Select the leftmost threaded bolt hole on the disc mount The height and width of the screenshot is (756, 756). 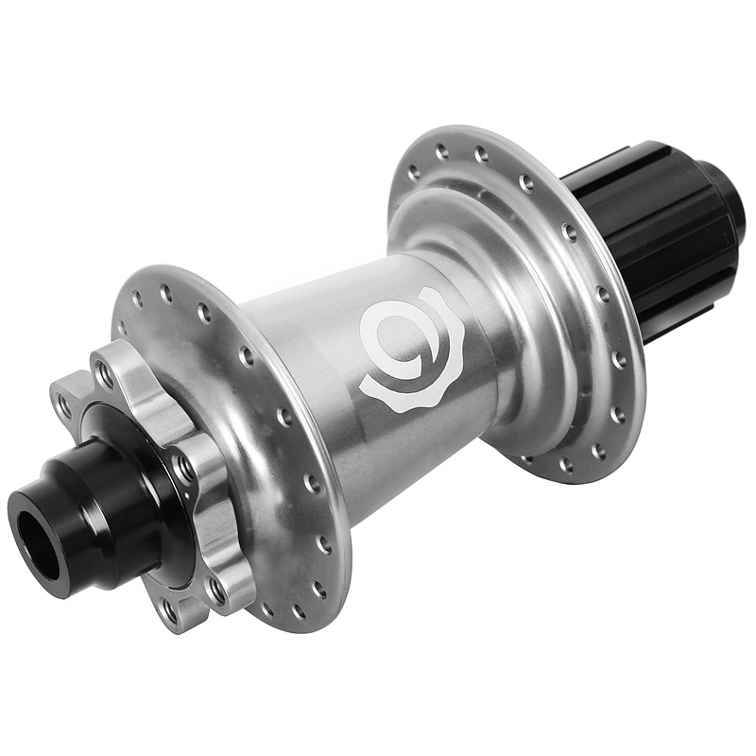[64, 405]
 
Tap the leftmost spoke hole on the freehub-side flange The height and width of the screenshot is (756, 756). [412, 172]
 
